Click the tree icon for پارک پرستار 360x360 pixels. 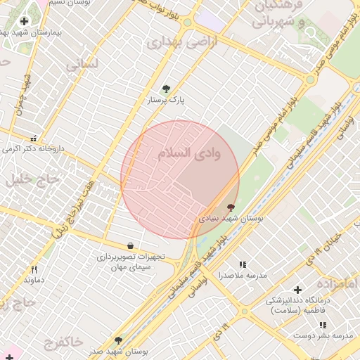[x=166, y=89]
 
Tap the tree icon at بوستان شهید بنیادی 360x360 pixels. [x=231, y=207]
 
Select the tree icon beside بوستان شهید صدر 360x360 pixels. [x=118, y=340]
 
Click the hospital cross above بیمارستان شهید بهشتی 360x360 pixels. [x=25, y=22]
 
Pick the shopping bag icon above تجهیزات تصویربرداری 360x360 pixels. [x=131, y=245]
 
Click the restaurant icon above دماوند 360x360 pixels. [x=33, y=269]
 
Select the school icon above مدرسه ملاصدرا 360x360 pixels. [x=243, y=264]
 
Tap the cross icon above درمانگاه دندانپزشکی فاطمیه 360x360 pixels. [x=297, y=289]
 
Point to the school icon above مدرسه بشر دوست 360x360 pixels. [x=323, y=325]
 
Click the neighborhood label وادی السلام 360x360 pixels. [x=188, y=153]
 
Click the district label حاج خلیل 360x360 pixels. [x=24, y=179]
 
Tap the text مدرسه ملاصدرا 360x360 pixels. [x=243, y=276]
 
